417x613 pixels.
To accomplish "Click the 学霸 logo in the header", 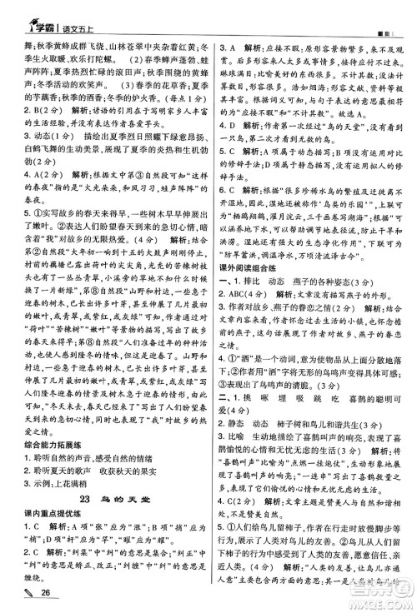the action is tap(26, 12).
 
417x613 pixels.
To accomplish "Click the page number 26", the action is tap(35, 592).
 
